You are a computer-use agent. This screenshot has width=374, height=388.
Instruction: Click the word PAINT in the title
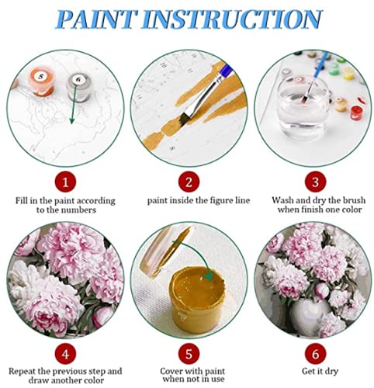[x=95, y=19]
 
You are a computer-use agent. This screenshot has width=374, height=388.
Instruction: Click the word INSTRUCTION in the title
[x=232, y=19]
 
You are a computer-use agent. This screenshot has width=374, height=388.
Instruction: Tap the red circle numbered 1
[x=65, y=182]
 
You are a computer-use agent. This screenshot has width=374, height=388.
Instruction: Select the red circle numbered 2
[x=189, y=182]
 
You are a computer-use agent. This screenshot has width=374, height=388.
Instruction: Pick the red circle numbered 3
[x=315, y=182]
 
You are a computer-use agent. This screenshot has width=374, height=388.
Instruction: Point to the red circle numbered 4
[x=65, y=354]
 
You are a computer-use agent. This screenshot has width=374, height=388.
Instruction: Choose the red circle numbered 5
[x=189, y=354]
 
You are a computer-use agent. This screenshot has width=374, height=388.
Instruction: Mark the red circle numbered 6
[x=315, y=354]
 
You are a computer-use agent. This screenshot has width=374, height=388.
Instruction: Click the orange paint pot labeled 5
[x=41, y=81]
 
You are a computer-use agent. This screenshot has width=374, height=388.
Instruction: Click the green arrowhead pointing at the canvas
[x=72, y=120]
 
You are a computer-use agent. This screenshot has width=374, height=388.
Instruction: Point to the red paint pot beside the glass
[x=356, y=113]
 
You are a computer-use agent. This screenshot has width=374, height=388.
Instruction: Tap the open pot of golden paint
[x=197, y=300]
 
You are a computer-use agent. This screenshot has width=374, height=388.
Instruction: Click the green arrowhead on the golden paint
[x=210, y=276]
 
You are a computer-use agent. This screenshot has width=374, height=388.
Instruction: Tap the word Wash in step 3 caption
[x=282, y=200]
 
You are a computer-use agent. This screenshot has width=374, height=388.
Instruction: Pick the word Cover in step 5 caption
[x=171, y=371]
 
